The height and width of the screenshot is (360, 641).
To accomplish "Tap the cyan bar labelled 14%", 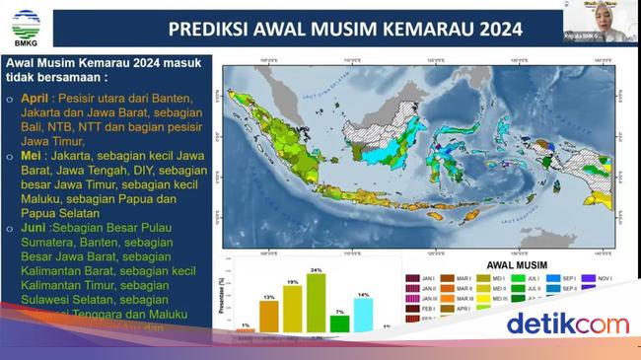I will (x=363, y=314).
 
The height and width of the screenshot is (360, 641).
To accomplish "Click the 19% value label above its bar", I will (x=293, y=282).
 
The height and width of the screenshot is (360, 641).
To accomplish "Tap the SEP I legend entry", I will (x=566, y=280).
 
